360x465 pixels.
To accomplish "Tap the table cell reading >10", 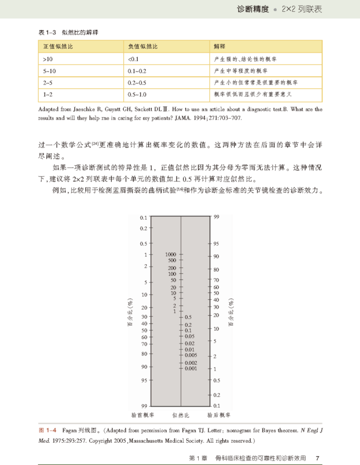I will tap(48, 59).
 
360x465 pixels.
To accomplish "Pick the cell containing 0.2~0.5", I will tap(138, 82).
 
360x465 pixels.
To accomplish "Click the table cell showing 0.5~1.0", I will tap(138, 94).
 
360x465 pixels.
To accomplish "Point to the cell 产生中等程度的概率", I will tap(245, 71).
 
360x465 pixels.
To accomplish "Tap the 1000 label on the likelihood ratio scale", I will tap(171, 254).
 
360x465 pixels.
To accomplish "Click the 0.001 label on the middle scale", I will tap(190, 368).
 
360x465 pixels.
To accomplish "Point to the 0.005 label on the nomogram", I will tap(190, 355).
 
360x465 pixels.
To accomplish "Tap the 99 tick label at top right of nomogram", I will tap(216, 217).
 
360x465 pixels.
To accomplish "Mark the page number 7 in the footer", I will tap(318, 458).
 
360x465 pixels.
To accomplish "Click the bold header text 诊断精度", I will tap(253, 9).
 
